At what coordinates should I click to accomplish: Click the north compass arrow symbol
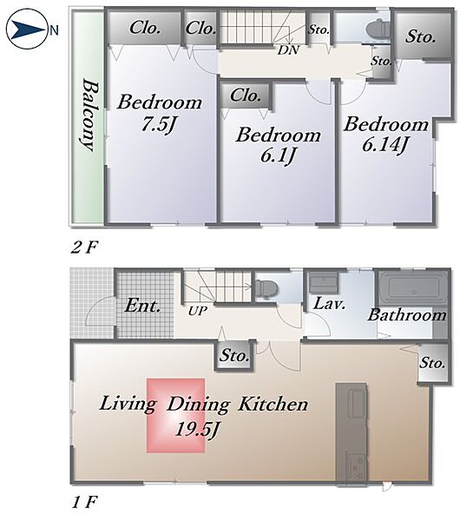[x=29, y=30]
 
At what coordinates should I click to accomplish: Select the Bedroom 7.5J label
[x=160, y=113]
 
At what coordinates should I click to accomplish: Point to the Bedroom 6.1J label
[x=278, y=146]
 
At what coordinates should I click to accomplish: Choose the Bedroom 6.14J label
[x=385, y=135]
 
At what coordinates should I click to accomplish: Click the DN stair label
[x=288, y=50]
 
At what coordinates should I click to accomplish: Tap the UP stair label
[x=198, y=311]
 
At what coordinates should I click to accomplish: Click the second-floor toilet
[x=378, y=29]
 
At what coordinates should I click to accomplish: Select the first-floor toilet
[x=267, y=287]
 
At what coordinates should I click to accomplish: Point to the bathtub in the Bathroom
[x=414, y=287]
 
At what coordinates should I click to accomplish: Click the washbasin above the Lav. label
[x=324, y=282]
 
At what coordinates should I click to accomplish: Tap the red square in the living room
[x=175, y=415]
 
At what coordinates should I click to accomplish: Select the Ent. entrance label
[x=142, y=306]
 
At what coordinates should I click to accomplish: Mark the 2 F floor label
[x=84, y=247]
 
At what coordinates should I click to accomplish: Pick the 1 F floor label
[x=83, y=502]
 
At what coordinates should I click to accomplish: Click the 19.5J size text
[x=196, y=430]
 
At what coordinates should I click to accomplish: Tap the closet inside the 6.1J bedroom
[x=245, y=96]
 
